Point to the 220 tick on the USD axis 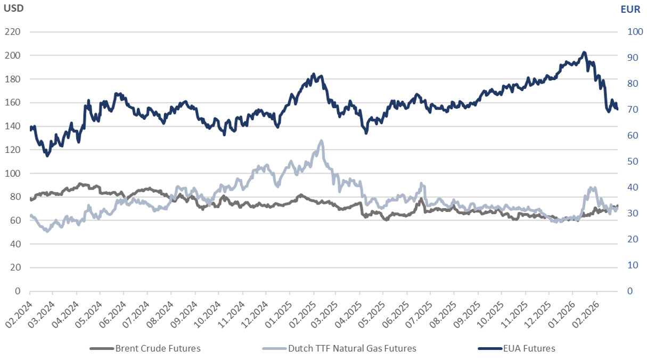(12, 32)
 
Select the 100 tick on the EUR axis (635, 32)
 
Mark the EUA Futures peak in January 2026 (584, 52)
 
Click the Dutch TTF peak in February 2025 (321, 141)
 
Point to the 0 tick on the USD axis (18, 291)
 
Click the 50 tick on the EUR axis (633, 161)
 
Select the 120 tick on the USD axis (12, 150)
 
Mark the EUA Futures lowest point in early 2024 (47, 156)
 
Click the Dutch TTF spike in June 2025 (421, 184)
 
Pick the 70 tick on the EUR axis (633, 110)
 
